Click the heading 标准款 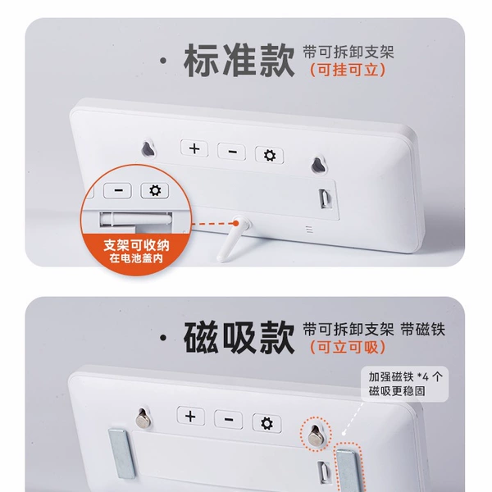239,60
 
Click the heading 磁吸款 239,338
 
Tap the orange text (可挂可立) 348,70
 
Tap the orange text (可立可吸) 348,347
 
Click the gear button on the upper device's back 270,155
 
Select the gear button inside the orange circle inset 155,190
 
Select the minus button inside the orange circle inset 118,190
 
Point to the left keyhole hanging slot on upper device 148,149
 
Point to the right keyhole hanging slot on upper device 318,165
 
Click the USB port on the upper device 325,198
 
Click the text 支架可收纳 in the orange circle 136,245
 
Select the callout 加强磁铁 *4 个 405,376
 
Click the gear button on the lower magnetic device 266,423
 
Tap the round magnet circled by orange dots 315,435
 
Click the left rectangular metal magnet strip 122,453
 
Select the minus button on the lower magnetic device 229,420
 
